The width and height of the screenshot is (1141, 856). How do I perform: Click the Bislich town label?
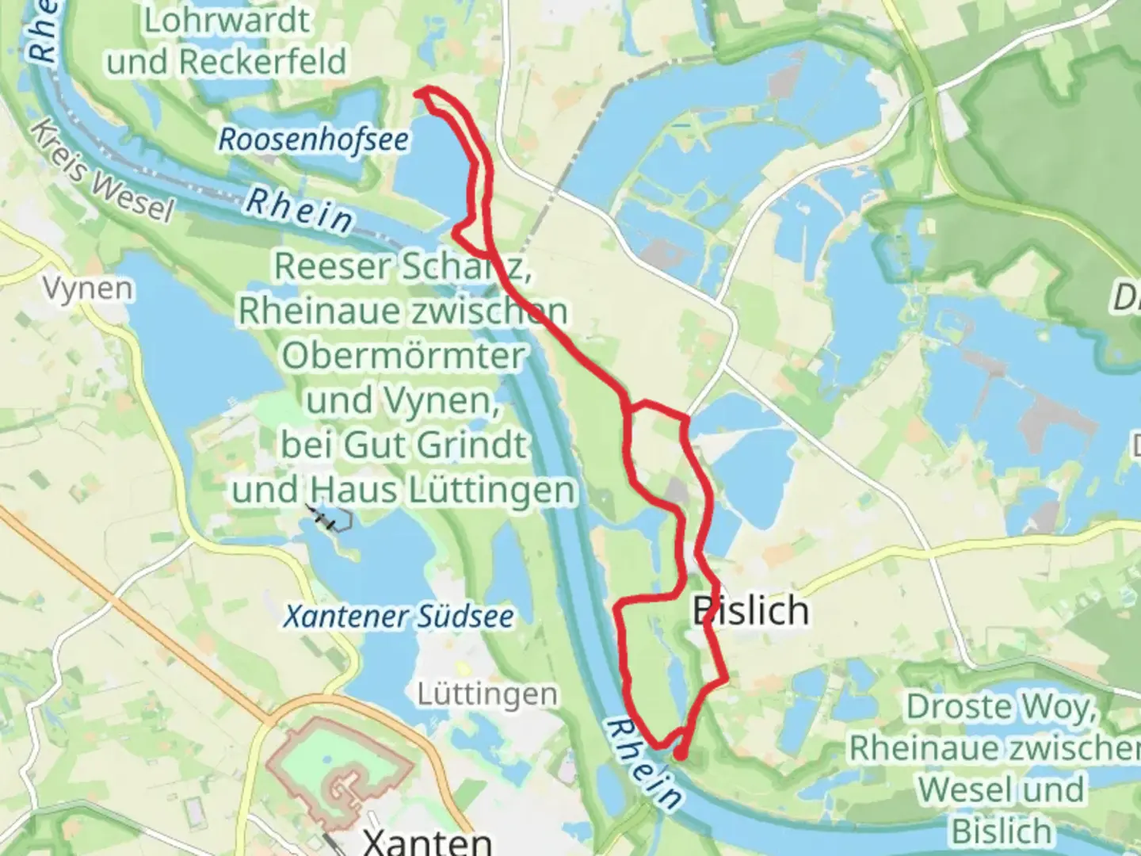pyautogui.click(x=750, y=610)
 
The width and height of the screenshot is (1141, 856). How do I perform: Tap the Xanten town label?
pyautogui.click(x=425, y=840)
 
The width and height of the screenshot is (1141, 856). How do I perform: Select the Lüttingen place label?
pyautogui.click(x=487, y=695)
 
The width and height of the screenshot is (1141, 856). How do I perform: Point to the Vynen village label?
pyautogui.click(x=88, y=289)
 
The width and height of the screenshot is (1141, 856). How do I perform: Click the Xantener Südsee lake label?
pyautogui.click(x=399, y=616)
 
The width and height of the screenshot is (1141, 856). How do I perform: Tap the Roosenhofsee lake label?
pyautogui.click(x=314, y=140)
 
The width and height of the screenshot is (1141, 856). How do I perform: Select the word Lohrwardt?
pyautogui.click(x=227, y=21)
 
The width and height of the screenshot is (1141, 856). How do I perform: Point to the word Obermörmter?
pyautogui.click(x=403, y=355)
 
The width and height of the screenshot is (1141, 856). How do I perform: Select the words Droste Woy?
pyautogui.click(x=1002, y=705)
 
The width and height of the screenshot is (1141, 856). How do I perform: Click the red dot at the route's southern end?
pyautogui.click(x=680, y=755)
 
